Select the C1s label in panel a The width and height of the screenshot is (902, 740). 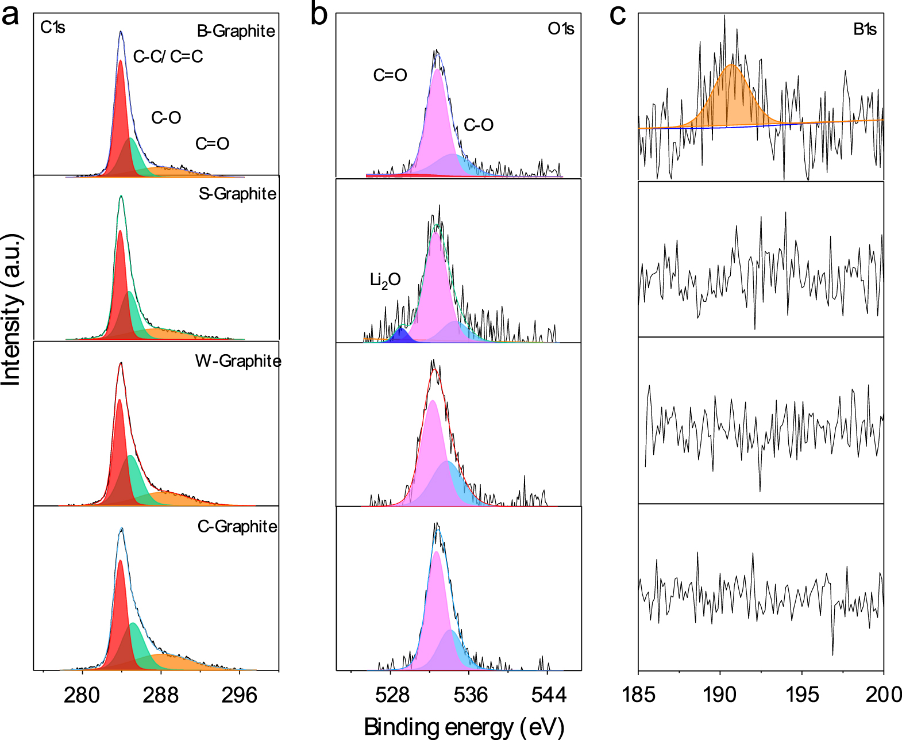pos(52,27)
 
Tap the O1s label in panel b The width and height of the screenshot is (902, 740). pos(560,29)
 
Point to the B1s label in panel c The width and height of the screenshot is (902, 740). pos(864,29)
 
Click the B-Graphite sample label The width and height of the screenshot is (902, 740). pos(236,31)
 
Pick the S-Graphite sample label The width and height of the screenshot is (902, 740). pos(237,194)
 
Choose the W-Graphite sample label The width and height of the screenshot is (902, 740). pos(238,361)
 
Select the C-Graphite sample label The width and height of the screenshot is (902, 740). pos(237,526)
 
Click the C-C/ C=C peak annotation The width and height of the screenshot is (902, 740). pos(168,56)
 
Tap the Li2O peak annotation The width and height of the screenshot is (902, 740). pos(385,281)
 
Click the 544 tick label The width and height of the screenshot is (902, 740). pos(548,695)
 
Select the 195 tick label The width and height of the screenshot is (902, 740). pos(801,695)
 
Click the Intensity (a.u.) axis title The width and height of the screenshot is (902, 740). pos(11,309)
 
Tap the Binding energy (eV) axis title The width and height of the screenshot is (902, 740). pos(464,727)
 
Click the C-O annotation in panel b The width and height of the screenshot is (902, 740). pos(478,125)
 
